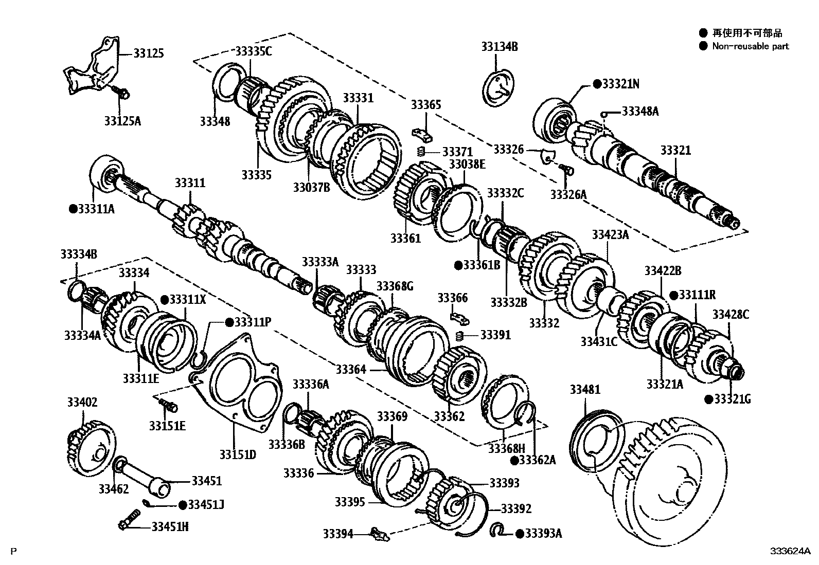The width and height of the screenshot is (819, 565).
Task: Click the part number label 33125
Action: click(x=149, y=53)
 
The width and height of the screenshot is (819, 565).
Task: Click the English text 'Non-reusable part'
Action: click(x=750, y=46)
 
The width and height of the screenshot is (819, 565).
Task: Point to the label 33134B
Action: click(x=500, y=46)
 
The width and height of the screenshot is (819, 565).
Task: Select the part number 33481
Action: click(x=585, y=390)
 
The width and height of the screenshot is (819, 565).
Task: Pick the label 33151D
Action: click(x=237, y=454)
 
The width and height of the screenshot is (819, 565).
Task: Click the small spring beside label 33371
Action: click(x=420, y=152)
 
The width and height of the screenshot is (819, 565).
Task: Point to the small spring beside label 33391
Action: click(x=460, y=336)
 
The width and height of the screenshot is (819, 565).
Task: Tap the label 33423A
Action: click(x=610, y=235)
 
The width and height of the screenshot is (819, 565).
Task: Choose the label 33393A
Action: click(x=543, y=534)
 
